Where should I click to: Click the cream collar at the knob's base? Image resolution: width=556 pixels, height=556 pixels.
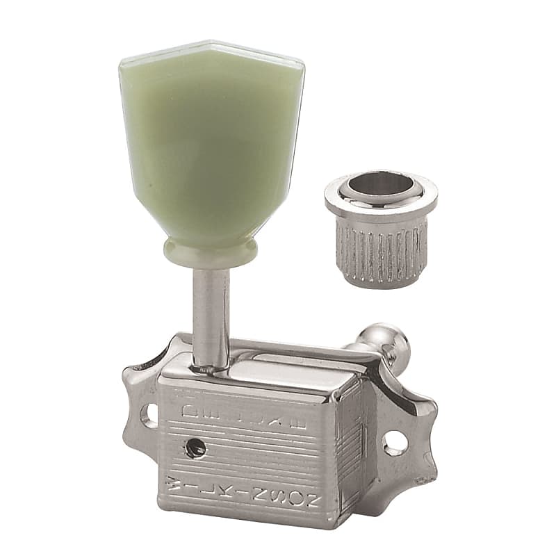click(x=211, y=252)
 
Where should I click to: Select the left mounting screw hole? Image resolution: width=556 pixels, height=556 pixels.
click(x=148, y=416)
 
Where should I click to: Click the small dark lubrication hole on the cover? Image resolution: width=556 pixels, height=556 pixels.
click(x=196, y=450)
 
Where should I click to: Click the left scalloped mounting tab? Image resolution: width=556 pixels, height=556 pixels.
click(x=139, y=410)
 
